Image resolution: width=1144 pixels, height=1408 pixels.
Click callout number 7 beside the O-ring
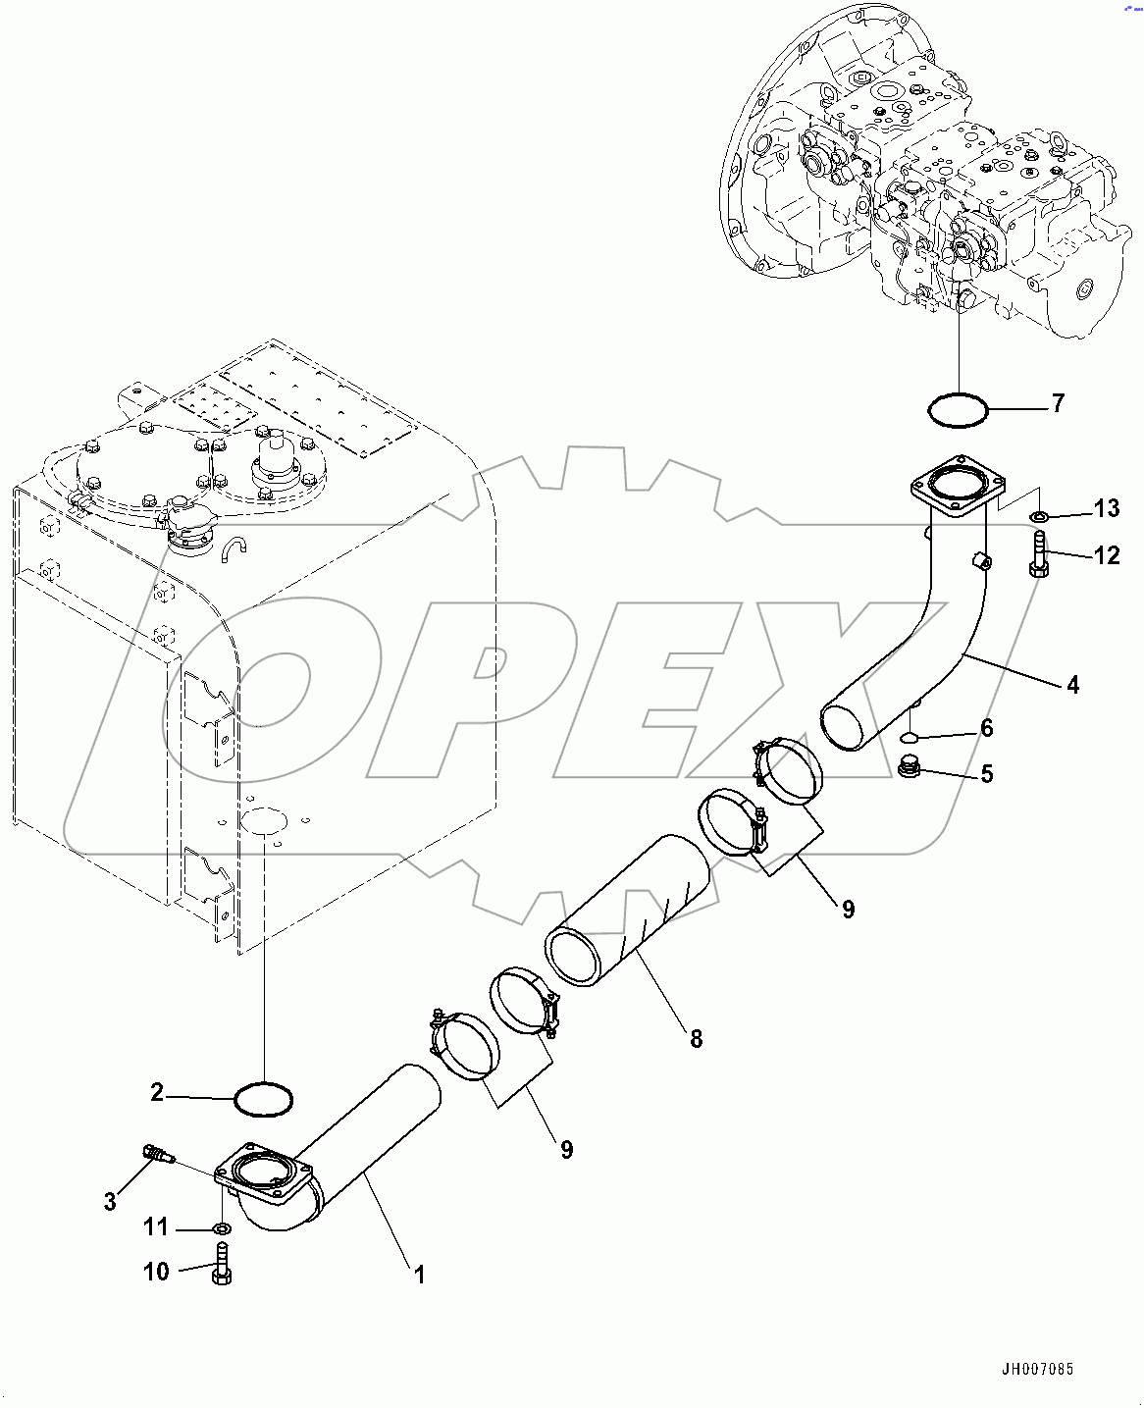[1058, 403]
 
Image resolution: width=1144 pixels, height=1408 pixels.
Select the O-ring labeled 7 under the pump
[958, 409]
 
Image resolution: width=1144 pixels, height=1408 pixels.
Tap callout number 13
[1106, 508]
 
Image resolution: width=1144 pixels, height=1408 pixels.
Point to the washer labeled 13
[1038, 516]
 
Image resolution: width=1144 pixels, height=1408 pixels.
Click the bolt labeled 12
[1039, 555]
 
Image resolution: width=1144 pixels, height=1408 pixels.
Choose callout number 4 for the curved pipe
[1072, 685]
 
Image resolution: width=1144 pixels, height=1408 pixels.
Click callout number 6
[987, 727]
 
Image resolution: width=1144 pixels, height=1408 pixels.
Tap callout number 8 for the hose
[696, 1038]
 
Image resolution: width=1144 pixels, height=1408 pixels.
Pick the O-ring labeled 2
[264, 1098]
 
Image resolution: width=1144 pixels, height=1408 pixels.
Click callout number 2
[157, 1092]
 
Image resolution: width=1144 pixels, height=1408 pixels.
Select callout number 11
[156, 1226]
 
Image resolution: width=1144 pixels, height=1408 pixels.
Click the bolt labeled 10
[222, 1260]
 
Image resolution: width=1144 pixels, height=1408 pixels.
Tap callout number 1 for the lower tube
[419, 1275]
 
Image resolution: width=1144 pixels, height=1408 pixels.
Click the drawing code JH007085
[1037, 1369]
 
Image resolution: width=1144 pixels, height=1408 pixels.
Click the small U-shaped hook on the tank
[234, 548]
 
